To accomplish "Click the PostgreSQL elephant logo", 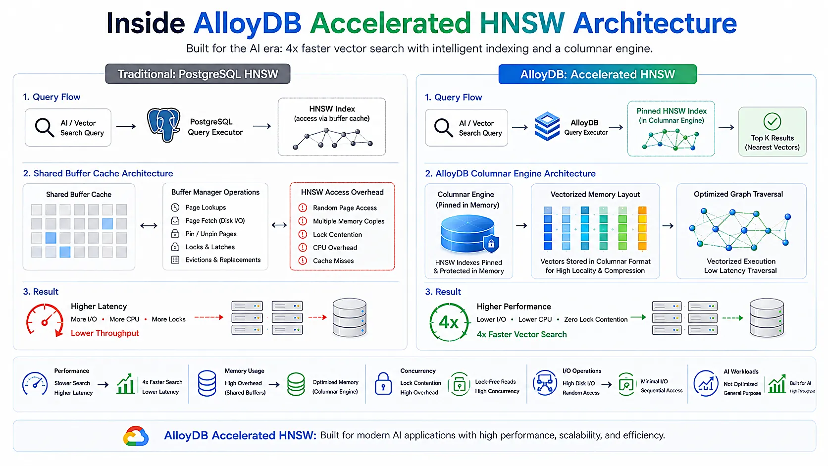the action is tap(164, 125).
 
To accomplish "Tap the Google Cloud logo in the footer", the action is tap(136, 436).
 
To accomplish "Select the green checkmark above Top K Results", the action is tap(772, 122).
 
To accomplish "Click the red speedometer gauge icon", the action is tap(45, 320).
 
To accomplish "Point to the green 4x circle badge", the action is tap(449, 322).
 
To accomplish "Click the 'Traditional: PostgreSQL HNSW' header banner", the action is tap(198, 74).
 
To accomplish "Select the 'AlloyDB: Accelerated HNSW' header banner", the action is tap(597, 74).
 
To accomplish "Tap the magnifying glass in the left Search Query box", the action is tap(45, 127).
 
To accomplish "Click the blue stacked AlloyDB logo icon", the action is tap(547, 126).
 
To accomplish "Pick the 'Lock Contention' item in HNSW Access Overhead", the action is tap(337, 234).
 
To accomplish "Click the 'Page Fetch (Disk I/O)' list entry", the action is tap(215, 221).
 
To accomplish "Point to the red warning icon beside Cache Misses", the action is tap(303, 260).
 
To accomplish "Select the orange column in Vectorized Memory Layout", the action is tap(642, 228).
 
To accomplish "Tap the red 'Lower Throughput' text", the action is tap(105, 333).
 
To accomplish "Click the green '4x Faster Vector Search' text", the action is tap(521, 334).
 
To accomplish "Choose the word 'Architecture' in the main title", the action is tap(655, 23).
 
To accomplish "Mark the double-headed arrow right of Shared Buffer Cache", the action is tap(149, 225).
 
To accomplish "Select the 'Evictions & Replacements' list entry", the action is tap(223, 260).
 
